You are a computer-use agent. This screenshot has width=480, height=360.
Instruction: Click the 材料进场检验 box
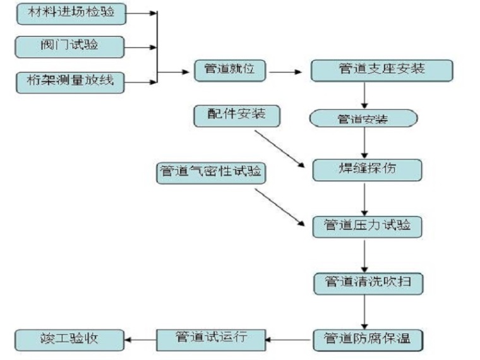(x=71, y=13)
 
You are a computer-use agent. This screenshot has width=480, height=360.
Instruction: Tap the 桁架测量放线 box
(x=70, y=81)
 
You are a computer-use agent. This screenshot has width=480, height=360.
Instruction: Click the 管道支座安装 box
(x=381, y=70)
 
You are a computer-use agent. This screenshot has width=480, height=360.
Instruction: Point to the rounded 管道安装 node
(x=363, y=119)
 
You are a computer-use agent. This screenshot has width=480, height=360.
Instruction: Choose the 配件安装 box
(x=235, y=116)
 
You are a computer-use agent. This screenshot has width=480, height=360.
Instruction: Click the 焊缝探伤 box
(x=366, y=170)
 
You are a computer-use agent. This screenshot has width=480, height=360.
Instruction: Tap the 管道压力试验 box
(x=366, y=225)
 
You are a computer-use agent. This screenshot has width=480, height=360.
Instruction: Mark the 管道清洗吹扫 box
(x=367, y=282)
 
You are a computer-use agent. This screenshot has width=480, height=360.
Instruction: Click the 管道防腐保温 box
(x=367, y=339)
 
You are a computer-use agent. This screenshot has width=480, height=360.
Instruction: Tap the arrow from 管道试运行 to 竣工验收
(x=140, y=340)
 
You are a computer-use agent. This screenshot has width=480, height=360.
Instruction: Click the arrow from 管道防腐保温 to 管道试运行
(x=288, y=340)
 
